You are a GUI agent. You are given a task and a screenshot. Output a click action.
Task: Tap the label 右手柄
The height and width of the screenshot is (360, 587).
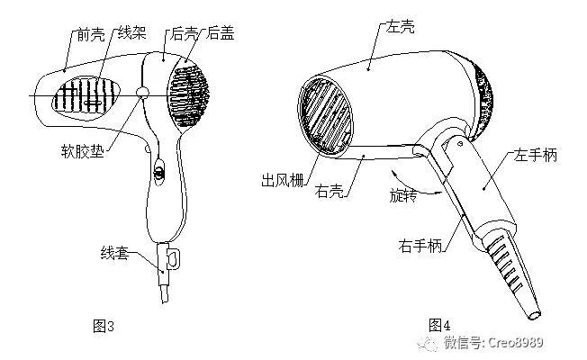tap(421, 243)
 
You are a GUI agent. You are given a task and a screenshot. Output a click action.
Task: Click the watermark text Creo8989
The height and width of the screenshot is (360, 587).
tap(516, 342)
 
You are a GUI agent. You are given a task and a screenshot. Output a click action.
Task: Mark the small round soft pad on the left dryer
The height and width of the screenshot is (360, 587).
tap(142, 93)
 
